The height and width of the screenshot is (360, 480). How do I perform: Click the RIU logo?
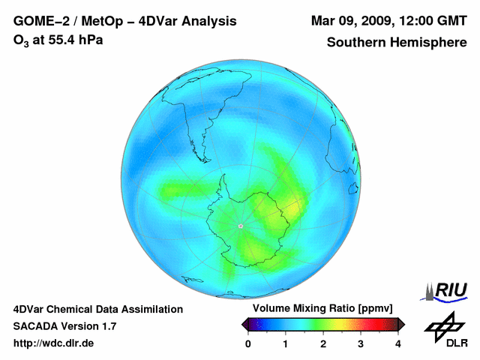pos(446,289)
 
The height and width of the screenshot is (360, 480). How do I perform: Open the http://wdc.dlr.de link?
pos(54,343)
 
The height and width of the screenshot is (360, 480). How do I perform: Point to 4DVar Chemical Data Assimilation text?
pos(97,309)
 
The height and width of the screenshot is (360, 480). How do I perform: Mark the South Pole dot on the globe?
pos(240,226)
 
